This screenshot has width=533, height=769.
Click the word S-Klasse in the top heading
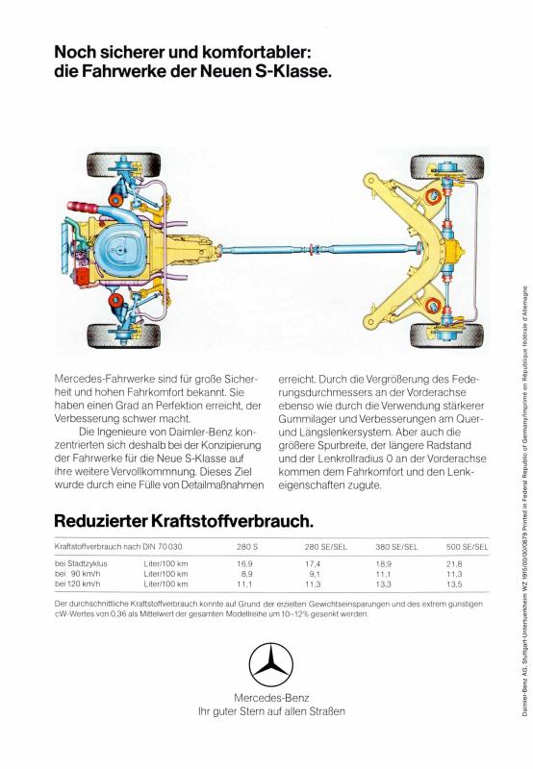click(293, 71)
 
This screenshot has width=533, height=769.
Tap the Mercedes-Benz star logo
click(271, 665)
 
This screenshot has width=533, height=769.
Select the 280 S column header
click(247, 547)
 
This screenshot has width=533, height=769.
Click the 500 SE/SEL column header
click(468, 547)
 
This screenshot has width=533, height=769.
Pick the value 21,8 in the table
click(454, 564)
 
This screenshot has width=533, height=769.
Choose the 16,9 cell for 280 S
click(244, 564)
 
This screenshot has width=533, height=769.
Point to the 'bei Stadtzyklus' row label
click(81, 563)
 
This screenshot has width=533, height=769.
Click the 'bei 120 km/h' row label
click(78, 583)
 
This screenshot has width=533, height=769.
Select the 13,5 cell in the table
click(454, 584)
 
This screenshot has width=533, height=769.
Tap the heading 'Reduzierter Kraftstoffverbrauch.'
click(184, 521)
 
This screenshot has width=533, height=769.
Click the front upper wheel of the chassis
click(124, 165)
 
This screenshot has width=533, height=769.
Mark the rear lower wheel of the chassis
click(447, 335)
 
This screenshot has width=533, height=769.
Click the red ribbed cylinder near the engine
click(83, 206)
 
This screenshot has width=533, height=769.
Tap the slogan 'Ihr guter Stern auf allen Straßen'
click(271, 711)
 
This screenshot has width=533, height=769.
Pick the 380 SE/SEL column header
click(396, 547)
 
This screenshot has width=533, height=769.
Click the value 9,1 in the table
click(315, 574)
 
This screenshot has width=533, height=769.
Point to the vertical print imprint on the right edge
click(524, 501)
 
